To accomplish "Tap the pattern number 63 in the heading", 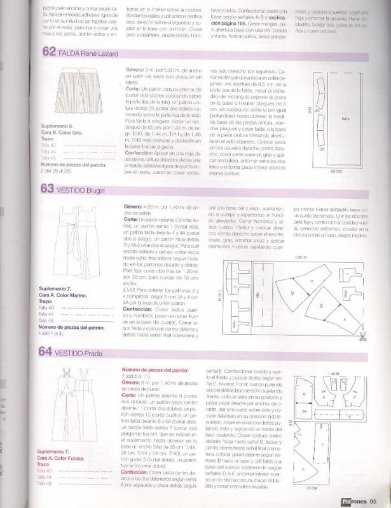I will click(x=48, y=189).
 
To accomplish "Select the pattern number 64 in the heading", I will click(x=48, y=350).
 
